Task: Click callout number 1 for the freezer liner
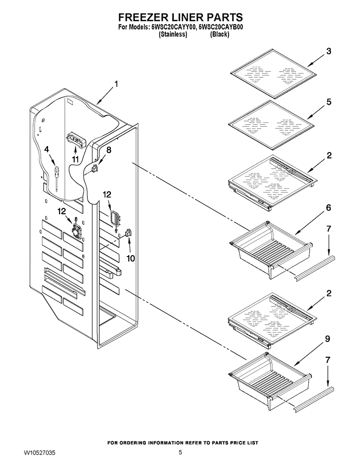pos(116,85)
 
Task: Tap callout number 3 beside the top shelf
pos(328,51)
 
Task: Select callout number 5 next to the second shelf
pos(329,102)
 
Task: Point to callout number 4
pos(47,149)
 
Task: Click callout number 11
pos(75,159)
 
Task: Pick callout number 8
pos(108,150)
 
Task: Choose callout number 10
pos(131,258)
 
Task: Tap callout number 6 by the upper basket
pos(328,208)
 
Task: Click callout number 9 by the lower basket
pos(327,339)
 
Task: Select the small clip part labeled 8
pos(95,169)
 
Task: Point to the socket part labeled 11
pos(75,139)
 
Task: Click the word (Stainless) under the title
pos(173,35)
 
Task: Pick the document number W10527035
pos(39,453)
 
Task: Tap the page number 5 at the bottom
pos(180,453)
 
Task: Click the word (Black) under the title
pos(219,35)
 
